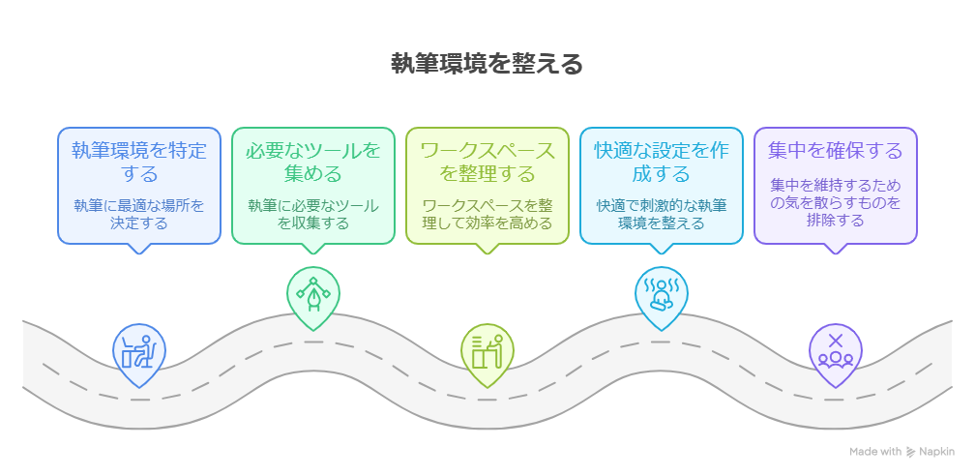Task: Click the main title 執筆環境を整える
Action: coord(487,65)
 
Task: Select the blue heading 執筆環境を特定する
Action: coord(139,163)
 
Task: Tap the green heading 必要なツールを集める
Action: coord(313,163)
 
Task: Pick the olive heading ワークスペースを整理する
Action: coord(487,163)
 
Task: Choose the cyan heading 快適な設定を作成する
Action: coord(662,163)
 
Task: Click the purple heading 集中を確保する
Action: coord(836,151)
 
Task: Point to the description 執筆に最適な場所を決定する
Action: coord(139,214)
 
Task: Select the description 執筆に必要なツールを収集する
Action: coord(313,214)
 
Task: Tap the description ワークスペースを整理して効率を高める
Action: coord(487,214)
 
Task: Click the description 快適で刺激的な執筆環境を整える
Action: coord(662,214)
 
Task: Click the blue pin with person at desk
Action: coord(139,350)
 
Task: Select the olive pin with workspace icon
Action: coord(487,350)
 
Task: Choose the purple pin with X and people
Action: coord(836,350)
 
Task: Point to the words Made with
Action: coord(875,452)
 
